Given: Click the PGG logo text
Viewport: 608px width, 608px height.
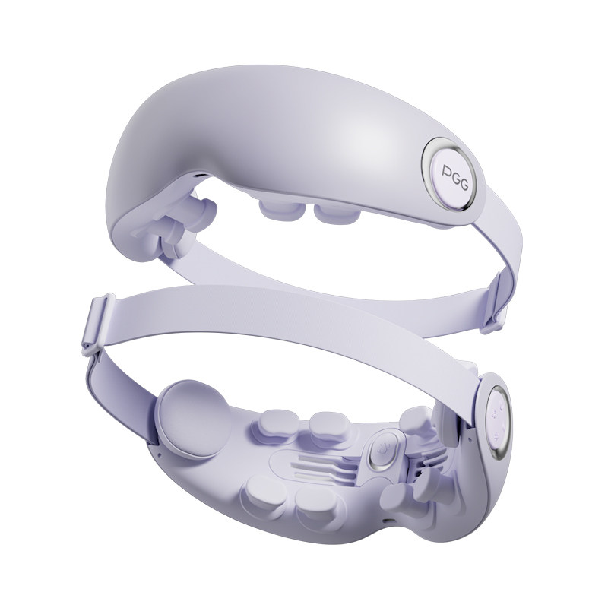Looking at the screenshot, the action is (x=454, y=177).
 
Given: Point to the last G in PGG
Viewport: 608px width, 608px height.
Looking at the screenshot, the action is (x=464, y=184).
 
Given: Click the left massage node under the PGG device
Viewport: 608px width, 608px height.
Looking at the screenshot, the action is (x=277, y=210).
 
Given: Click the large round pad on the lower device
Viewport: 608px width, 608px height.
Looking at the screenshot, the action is (x=194, y=420).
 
